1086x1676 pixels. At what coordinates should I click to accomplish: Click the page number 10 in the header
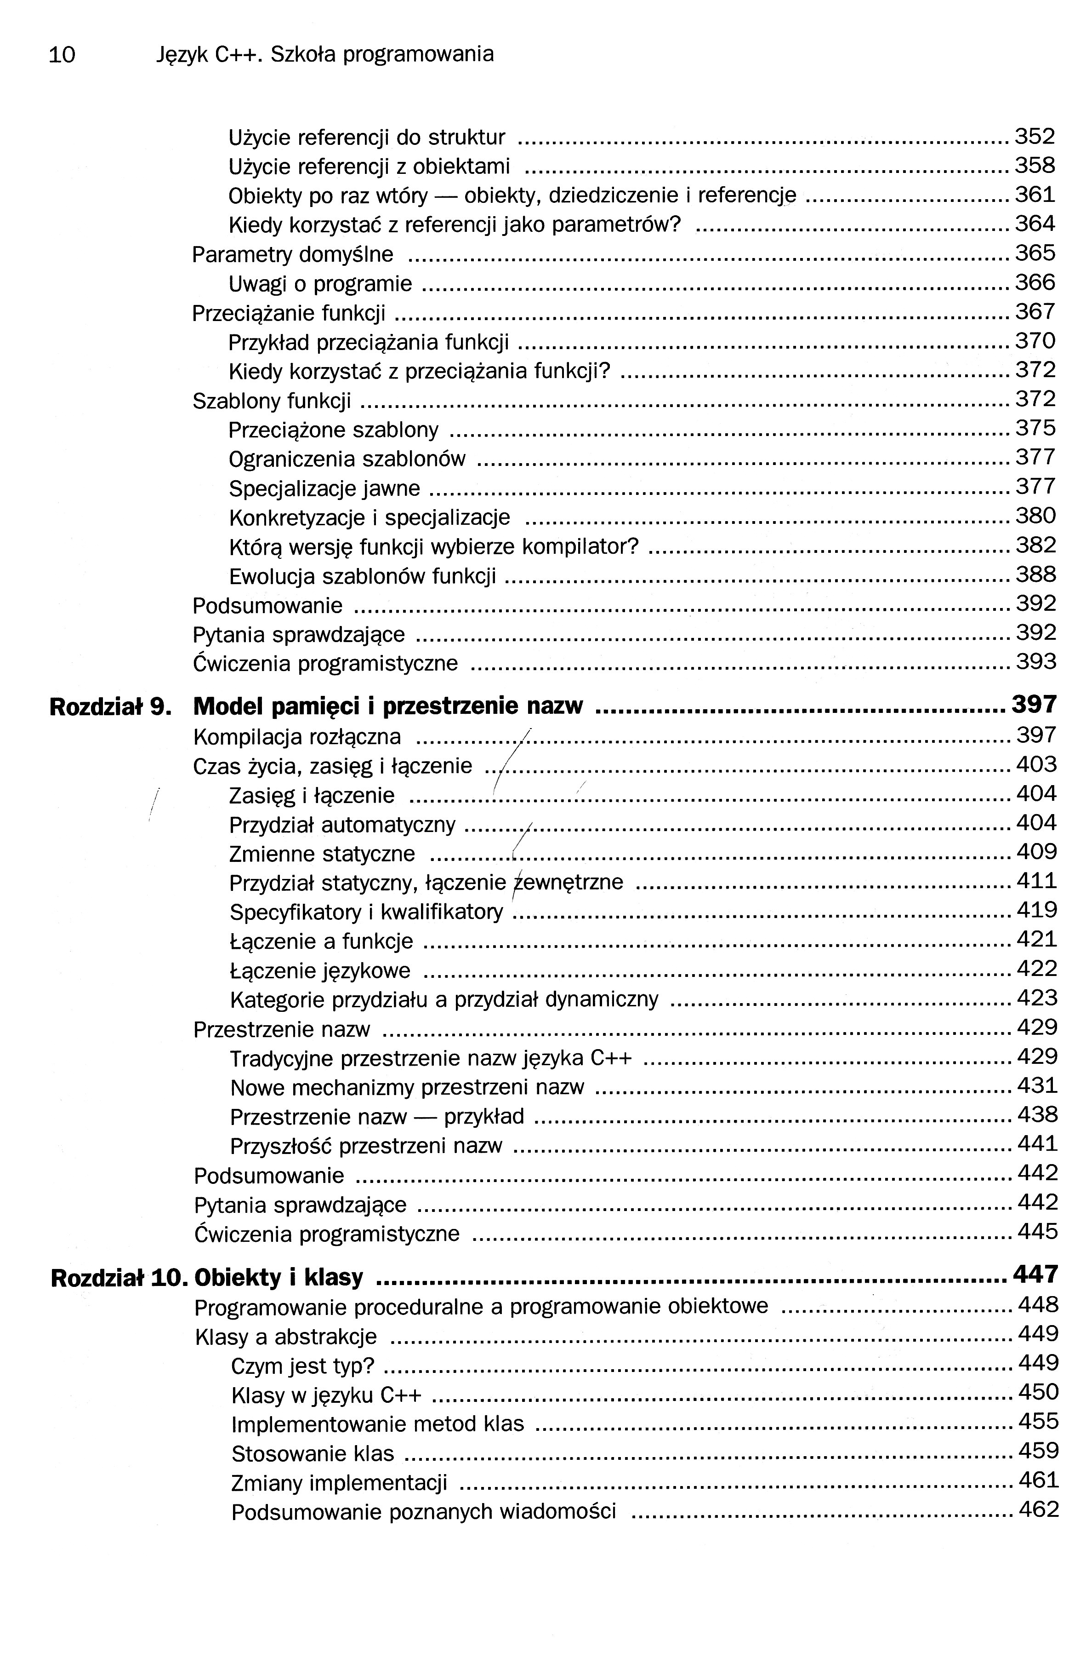click(62, 55)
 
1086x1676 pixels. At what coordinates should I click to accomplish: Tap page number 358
click(1034, 166)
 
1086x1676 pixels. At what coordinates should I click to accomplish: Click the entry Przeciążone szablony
click(334, 430)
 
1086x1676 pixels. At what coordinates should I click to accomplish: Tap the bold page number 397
click(1034, 704)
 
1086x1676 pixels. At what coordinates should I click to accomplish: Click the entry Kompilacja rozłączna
click(297, 737)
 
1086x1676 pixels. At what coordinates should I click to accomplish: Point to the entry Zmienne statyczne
click(322, 854)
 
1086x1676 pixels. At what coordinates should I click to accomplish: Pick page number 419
click(1036, 911)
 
